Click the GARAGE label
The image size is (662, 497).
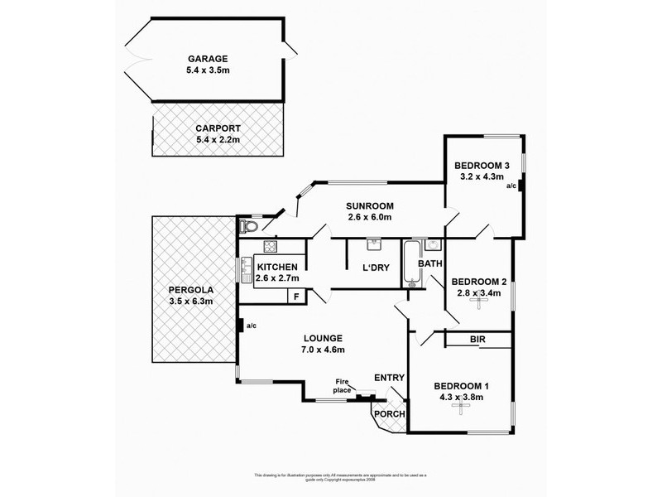(x=207, y=59)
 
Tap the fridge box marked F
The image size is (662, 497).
(x=295, y=295)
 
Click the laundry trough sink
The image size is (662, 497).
(x=374, y=244)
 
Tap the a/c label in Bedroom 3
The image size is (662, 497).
(x=511, y=186)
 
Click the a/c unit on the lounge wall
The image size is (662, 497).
(x=239, y=325)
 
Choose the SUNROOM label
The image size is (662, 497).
(x=370, y=205)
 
